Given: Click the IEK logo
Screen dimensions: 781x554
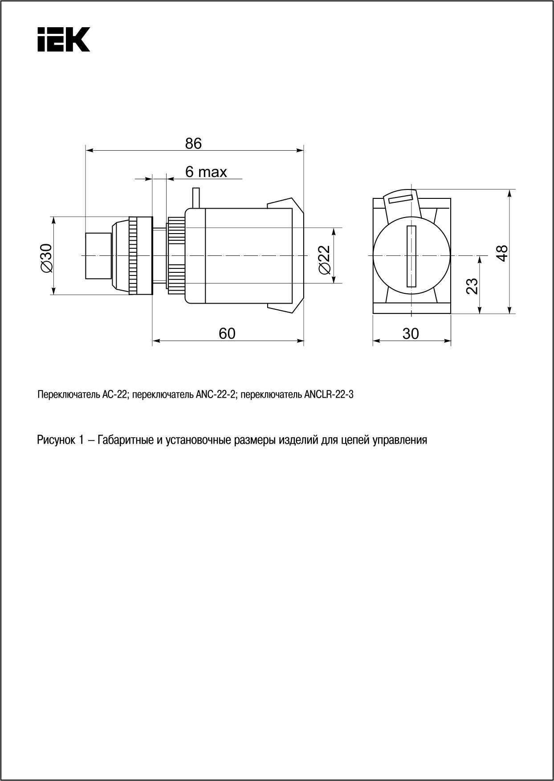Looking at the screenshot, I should (x=63, y=39).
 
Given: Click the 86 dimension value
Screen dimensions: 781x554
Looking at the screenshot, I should (x=193, y=144).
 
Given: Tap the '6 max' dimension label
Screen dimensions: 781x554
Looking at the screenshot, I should (x=206, y=172).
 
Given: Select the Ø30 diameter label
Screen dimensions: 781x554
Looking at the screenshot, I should (x=46, y=258).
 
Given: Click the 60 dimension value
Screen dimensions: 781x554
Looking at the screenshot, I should (x=227, y=333).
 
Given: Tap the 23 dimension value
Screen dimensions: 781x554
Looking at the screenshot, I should (x=472, y=286).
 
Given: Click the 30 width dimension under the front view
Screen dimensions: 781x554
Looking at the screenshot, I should (x=411, y=333).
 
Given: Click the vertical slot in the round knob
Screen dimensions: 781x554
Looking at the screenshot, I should (x=411, y=256).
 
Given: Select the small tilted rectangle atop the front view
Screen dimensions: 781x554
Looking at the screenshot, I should (x=401, y=197).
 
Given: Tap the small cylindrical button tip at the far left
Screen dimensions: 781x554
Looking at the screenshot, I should (x=98, y=255).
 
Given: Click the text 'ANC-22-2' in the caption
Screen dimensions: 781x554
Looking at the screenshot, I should (x=215, y=395).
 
